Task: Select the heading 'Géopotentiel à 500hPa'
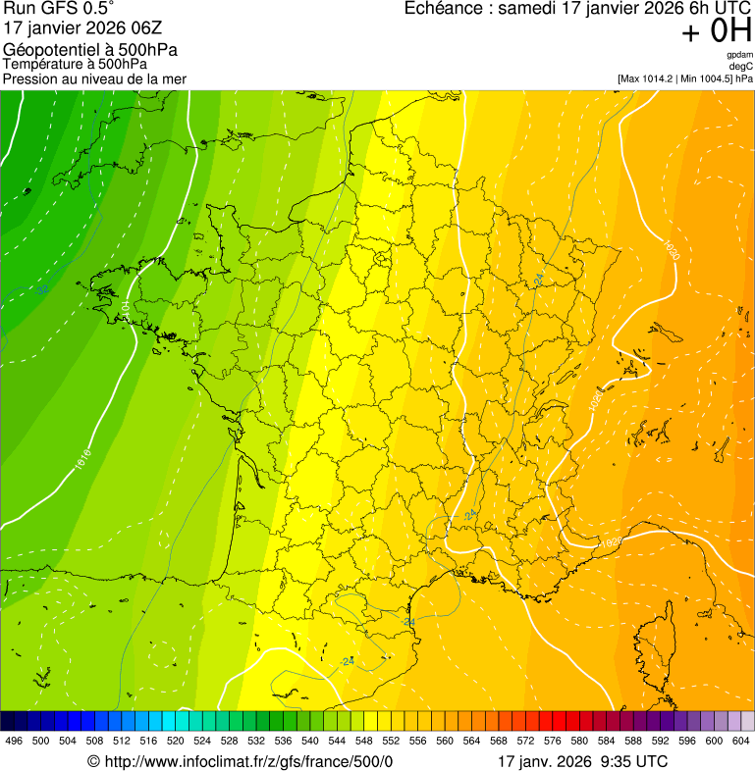[x=90, y=50]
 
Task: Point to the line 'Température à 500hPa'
[x=73, y=65]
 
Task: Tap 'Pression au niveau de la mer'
[x=94, y=78]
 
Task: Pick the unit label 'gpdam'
[x=740, y=56]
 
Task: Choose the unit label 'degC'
[x=741, y=67]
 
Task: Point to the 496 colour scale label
[x=14, y=741]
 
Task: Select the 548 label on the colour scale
[x=363, y=741]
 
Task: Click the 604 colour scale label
[x=741, y=741]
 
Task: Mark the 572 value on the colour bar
[x=525, y=741]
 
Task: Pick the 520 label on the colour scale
[x=175, y=741]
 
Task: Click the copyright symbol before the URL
[x=94, y=762]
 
